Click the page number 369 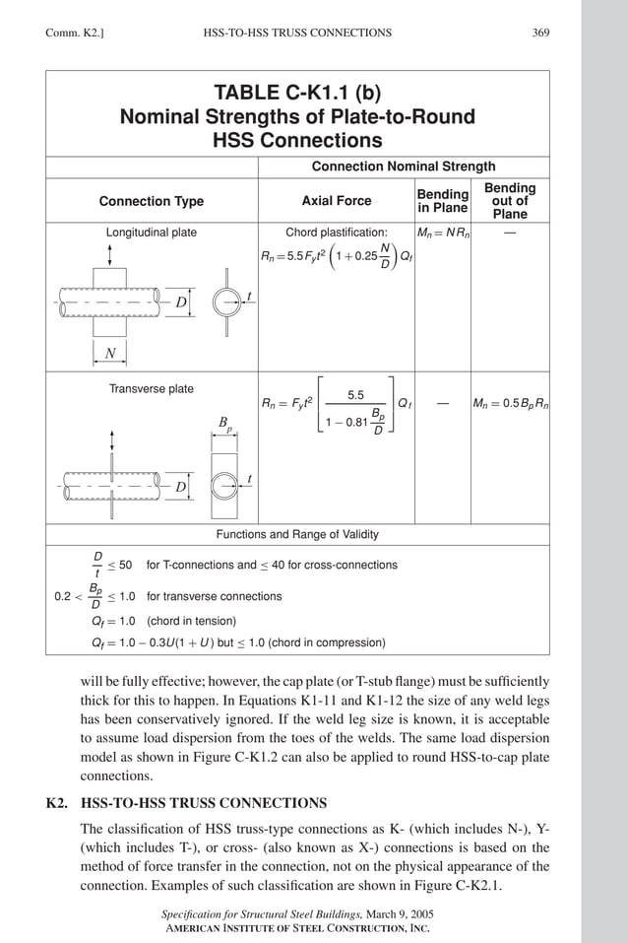click(x=540, y=33)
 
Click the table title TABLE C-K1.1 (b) click(x=297, y=94)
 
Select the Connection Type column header click(x=152, y=201)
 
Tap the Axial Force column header click(x=337, y=201)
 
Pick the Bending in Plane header click(x=442, y=201)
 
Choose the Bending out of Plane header click(x=510, y=201)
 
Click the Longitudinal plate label click(x=152, y=233)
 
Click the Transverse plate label click(x=152, y=389)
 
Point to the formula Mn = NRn click(x=442, y=234)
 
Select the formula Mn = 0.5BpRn click(x=510, y=404)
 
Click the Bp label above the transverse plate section click(x=225, y=425)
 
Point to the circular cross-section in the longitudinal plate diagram click(x=225, y=302)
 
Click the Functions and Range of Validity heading click(x=297, y=535)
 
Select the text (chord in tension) click(x=192, y=621)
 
